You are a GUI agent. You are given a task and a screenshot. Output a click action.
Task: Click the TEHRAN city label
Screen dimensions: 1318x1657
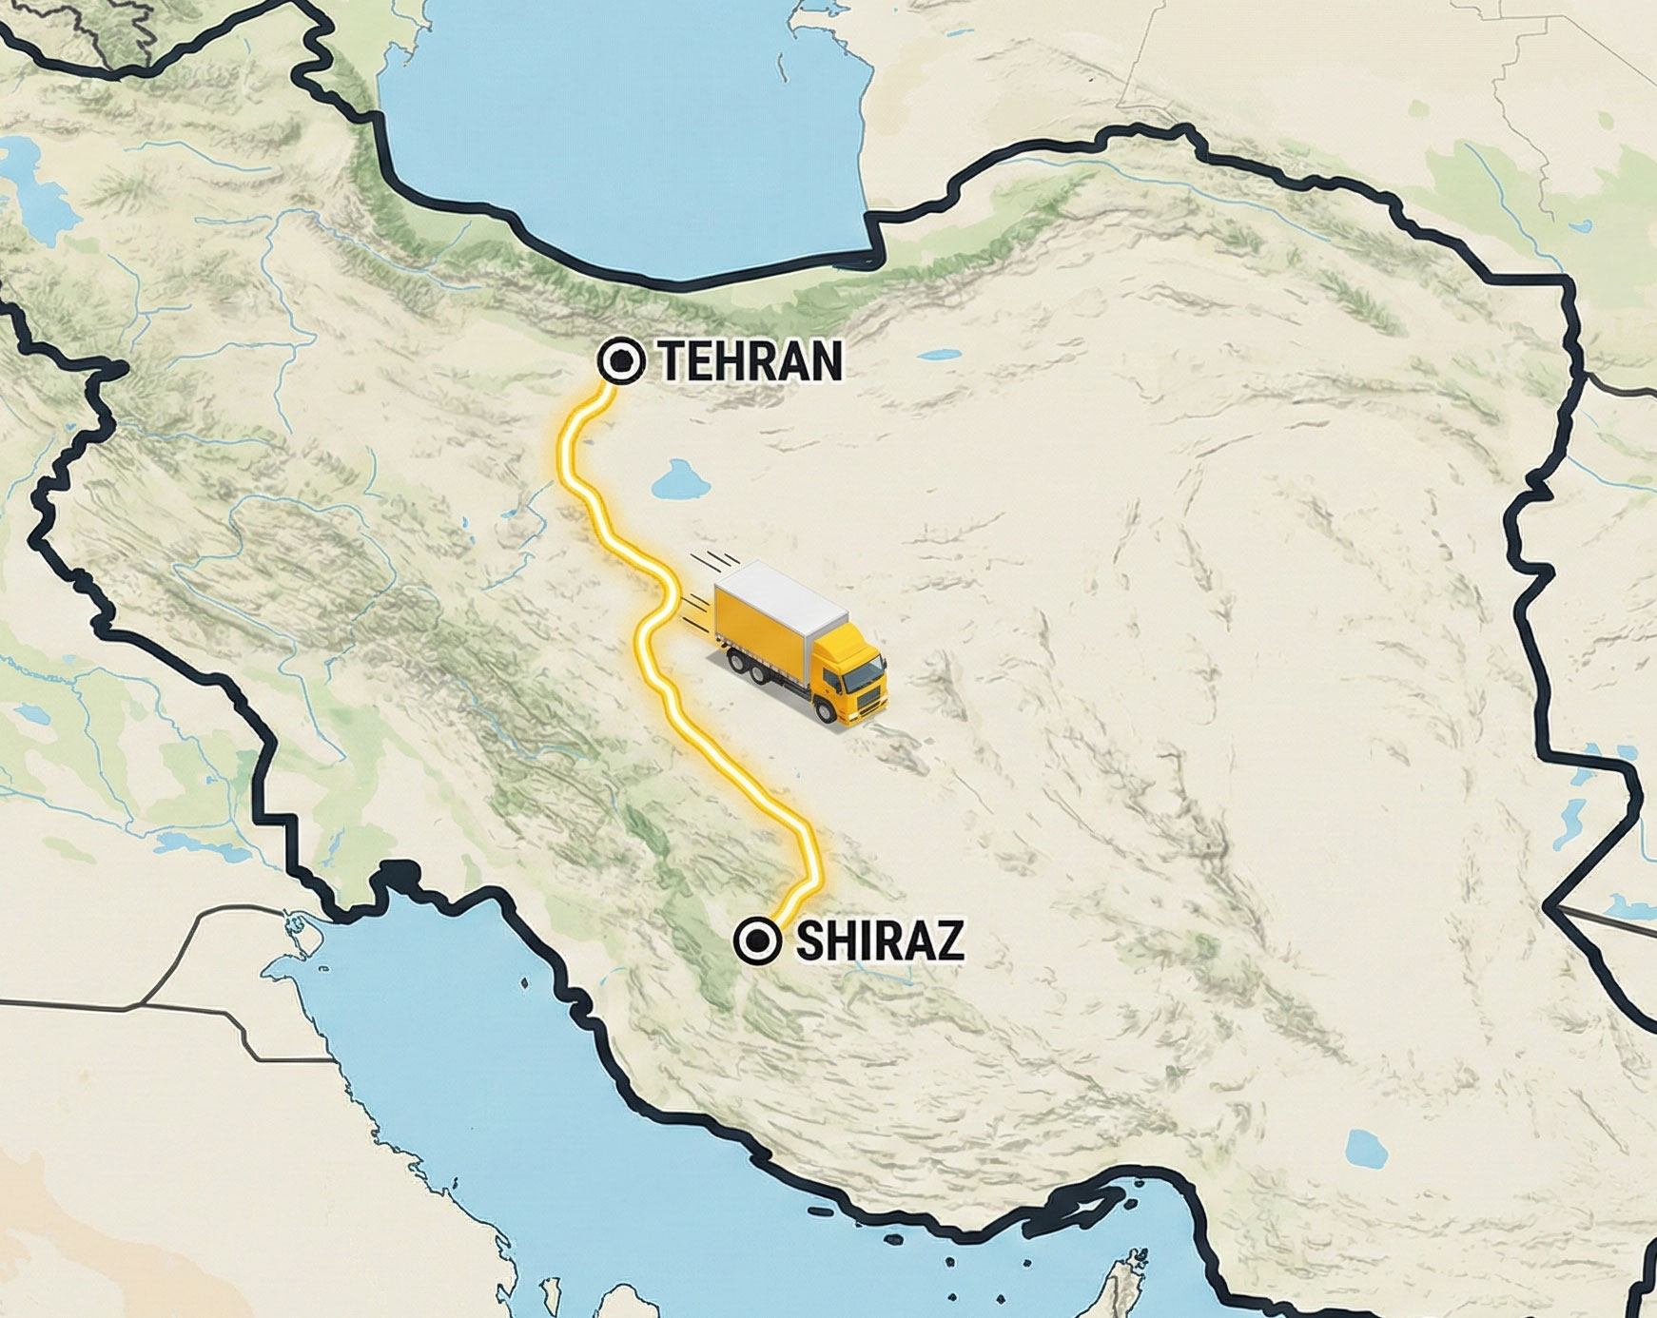click(x=751, y=361)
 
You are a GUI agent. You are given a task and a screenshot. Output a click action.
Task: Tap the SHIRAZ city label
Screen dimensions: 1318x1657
click(x=880, y=940)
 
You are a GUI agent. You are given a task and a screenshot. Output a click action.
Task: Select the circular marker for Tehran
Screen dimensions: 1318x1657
click(x=622, y=361)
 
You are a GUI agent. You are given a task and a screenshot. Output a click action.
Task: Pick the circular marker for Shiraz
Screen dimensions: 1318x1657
click(x=758, y=940)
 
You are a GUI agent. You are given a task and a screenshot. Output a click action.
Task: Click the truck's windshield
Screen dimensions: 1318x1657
click(x=864, y=674)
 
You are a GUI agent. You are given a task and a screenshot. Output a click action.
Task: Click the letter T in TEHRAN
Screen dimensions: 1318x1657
click(x=673, y=361)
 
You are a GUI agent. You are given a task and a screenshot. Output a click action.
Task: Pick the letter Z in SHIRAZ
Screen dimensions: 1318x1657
click(x=948, y=940)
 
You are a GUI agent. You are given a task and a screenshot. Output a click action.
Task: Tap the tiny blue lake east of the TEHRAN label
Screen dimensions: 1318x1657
click(x=941, y=355)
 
